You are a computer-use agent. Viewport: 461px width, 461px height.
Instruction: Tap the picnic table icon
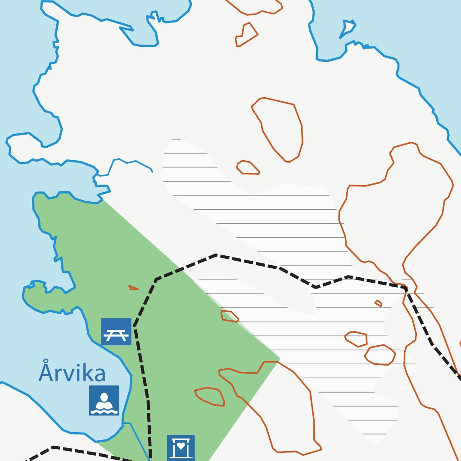116,332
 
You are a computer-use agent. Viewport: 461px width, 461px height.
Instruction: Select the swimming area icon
104,400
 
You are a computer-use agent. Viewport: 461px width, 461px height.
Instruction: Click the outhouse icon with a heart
181,447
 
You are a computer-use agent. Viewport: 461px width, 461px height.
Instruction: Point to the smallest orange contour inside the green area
133,287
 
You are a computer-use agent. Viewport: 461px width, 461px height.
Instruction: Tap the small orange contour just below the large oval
248,167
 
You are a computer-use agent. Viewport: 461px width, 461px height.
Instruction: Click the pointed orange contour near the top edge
246,35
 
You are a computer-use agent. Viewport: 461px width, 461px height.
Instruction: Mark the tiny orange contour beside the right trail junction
379,303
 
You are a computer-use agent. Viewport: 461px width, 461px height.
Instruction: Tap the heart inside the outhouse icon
181,446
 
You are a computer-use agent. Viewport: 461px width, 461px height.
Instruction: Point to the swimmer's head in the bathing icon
104,397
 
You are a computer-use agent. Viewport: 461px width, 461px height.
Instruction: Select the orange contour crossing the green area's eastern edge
230,316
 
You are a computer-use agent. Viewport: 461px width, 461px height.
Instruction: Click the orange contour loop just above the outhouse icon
210,396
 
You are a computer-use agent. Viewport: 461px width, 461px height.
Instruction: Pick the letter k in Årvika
85,373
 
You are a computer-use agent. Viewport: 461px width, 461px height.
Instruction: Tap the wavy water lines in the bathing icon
104,409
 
